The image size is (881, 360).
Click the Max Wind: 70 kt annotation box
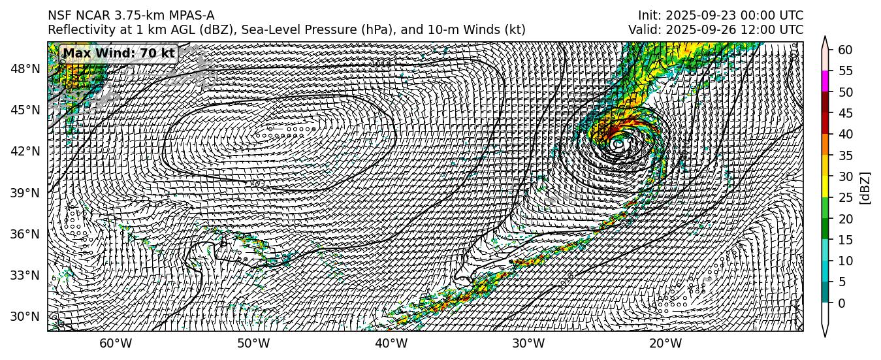[x=119, y=53]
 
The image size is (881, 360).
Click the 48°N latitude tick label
[x=27, y=69]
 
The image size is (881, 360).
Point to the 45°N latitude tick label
[x=27, y=110]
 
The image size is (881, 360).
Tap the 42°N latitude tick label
[x=27, y=151]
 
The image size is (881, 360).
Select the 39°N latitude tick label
[x=27, y=193]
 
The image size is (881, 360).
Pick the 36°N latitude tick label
[x=27, y=234]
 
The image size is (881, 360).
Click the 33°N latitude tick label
[x=27, y=275]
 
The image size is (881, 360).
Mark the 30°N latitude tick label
[x=27, y=317]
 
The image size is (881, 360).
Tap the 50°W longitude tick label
[x=253, y=344]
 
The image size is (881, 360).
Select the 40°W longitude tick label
[x=391, y=344]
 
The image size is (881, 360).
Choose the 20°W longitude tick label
[x=665, y=344]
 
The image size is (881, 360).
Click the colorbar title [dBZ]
[x=865, y=188]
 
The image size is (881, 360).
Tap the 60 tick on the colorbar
[x=844, y=50]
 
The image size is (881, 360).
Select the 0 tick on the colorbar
[x=842, y=303]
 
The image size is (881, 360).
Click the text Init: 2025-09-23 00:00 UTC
[x=720, y=16]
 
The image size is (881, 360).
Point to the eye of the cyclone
[x=618, y=143]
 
